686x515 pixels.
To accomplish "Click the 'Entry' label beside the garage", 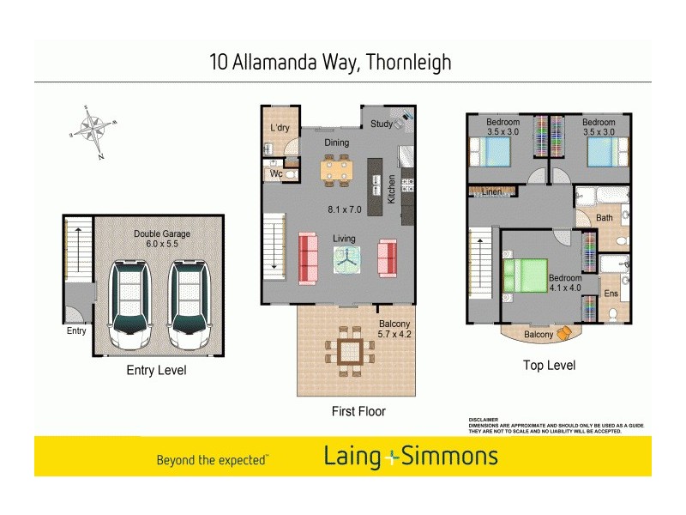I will pyautogui.click(x=76, y=330).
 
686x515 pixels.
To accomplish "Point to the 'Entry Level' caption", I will pyautogui.click(x=156, y=371).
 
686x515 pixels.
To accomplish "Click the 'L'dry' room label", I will pyautogui.click(x=280, y=127).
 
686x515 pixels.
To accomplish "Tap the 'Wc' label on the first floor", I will pyautogui.click(x=276, y=173).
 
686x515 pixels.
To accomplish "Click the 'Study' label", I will pyautogui.click(x=382, y=124).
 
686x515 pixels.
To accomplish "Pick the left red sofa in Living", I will pyautogui.click(x=308, y=257).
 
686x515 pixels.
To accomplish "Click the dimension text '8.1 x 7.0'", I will pyautogui.click(x=345, y=209).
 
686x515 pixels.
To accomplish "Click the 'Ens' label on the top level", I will pyautogui.click(x=611, y=294).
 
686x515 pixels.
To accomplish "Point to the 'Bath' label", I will pyautogui.click(x=605, y=218).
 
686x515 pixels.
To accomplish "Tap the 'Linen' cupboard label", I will pyautogui.click(x=491, y=191).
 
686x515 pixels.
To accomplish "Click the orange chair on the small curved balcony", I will pyautogui.click(x=563, y=333).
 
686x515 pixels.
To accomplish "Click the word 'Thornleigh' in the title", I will pyautogui.click(x=408, y=63).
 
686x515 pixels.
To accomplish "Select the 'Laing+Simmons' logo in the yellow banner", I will pyautogui.click(x=411, y=457).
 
